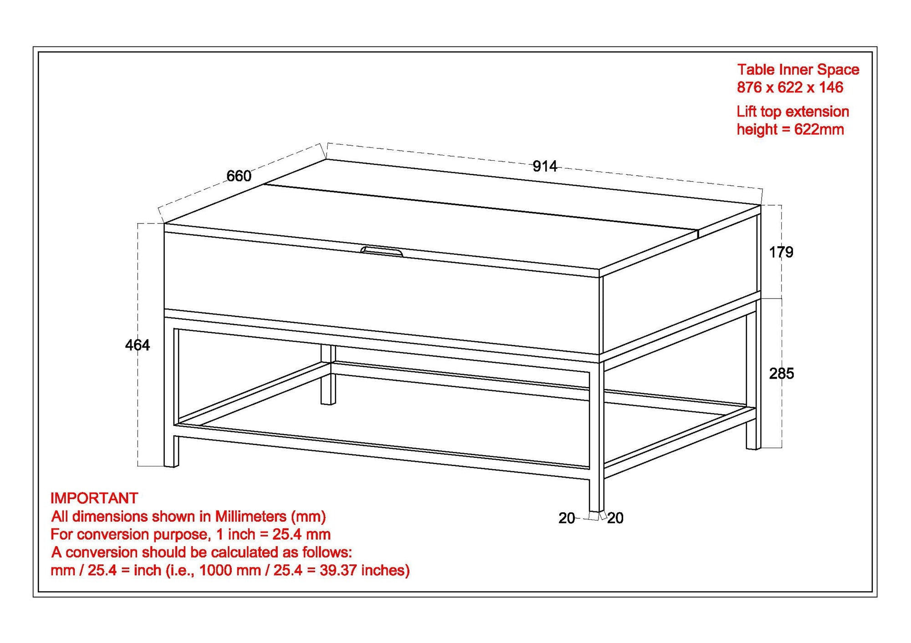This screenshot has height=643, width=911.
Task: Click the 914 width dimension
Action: tap(544, 166)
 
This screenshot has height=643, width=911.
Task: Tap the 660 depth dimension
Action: tap(239, 176)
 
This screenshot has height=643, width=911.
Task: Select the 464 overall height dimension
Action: tap(137, 345)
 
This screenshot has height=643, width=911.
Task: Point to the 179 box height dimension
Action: tap(781, 252)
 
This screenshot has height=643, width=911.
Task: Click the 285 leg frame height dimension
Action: tap(781, 373)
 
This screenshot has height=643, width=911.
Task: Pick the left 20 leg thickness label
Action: tap(567, 518)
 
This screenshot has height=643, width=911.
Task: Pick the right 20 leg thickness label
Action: tap(615, 518)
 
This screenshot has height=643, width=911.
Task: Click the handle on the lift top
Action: tap(382, 251)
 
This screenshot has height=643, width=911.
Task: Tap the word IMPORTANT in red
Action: tap(94, 498)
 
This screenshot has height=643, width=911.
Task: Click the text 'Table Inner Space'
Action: tap(798, 69)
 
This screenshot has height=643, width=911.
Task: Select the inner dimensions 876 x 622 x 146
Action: tap(790, 87)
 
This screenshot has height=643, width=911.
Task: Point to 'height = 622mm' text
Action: tap(790, 129)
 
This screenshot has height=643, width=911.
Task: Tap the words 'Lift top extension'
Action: tap(793, 111)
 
